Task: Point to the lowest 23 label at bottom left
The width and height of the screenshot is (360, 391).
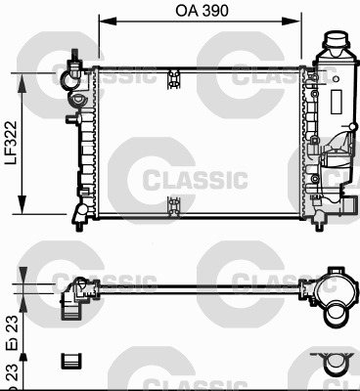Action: click(x=10, y=373)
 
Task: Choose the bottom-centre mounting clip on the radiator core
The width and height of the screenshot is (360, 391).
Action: click(x=173, y=204)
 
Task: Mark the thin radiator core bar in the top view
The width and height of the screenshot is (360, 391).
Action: click(x=196, y=286)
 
